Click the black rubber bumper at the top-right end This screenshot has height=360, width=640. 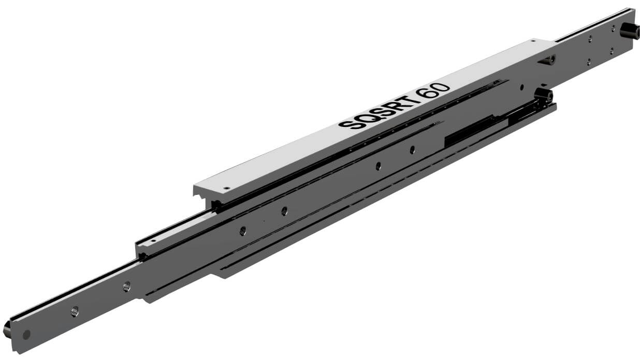(x=630, y=31)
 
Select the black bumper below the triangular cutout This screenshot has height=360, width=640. (x=543, y=96)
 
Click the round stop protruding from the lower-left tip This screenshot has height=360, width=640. (x=7, y=329)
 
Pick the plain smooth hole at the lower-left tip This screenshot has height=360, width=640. (x=26, y=335)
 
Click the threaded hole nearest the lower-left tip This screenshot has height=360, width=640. (x=75, y=311)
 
